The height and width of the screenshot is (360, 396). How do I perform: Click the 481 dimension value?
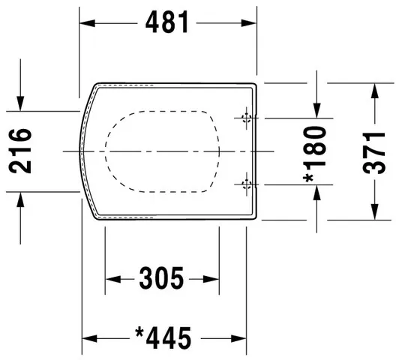pyautogui.click(x=166, y=22)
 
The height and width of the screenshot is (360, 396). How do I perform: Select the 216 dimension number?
pyautogui.click(x=22, y=151)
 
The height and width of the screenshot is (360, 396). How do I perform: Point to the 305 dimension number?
pyautogui.click(x=162, y=280)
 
